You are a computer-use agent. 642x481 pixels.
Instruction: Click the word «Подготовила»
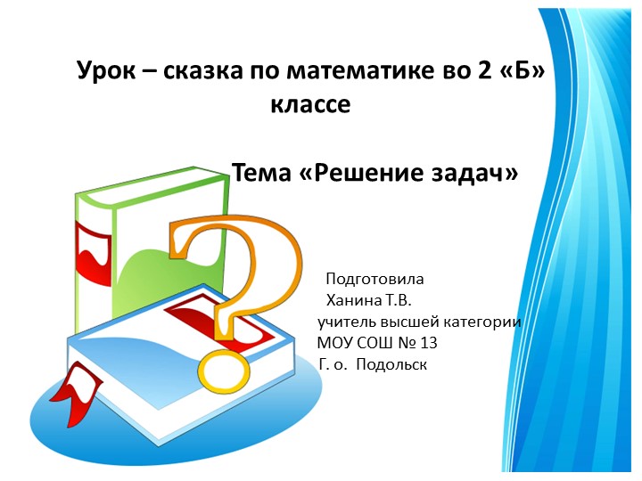[x=374, y=278]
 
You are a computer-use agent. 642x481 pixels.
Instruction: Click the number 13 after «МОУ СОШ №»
[x=428, y=343]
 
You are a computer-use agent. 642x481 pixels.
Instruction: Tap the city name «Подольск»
[x=392, y=364]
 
